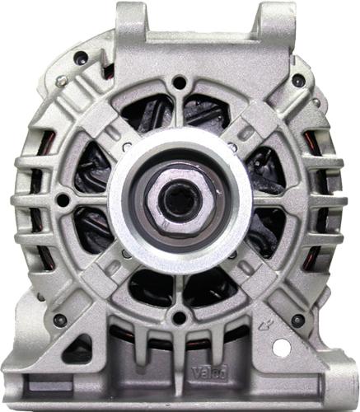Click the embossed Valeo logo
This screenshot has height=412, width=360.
pos(209,372)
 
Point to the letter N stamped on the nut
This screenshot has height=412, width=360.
pos(166,223)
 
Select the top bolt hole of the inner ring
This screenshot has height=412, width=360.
pos(180,81)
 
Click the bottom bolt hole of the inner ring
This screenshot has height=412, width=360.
pos(180,317)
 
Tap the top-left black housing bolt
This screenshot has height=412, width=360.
pos(82,58)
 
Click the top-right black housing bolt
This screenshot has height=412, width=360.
pos(298,80)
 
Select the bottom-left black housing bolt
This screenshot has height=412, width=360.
pos(60,320)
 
